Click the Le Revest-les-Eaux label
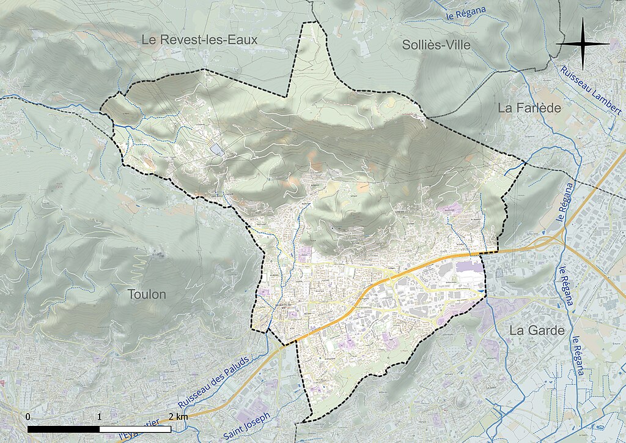[x=199, y=40]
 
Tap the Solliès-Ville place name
[x=436, y=44]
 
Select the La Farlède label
[x=529, y=108]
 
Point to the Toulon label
[x=147, y=294]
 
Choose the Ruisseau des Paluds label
[x=214, y=383]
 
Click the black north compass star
[x=583, y=44]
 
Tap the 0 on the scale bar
[x=28, y=417]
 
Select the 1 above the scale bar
[x=99, y=417]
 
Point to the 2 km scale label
[x=178, y=417]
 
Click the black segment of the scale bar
[x=64, y=429]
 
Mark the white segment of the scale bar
[x=135, y=429]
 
